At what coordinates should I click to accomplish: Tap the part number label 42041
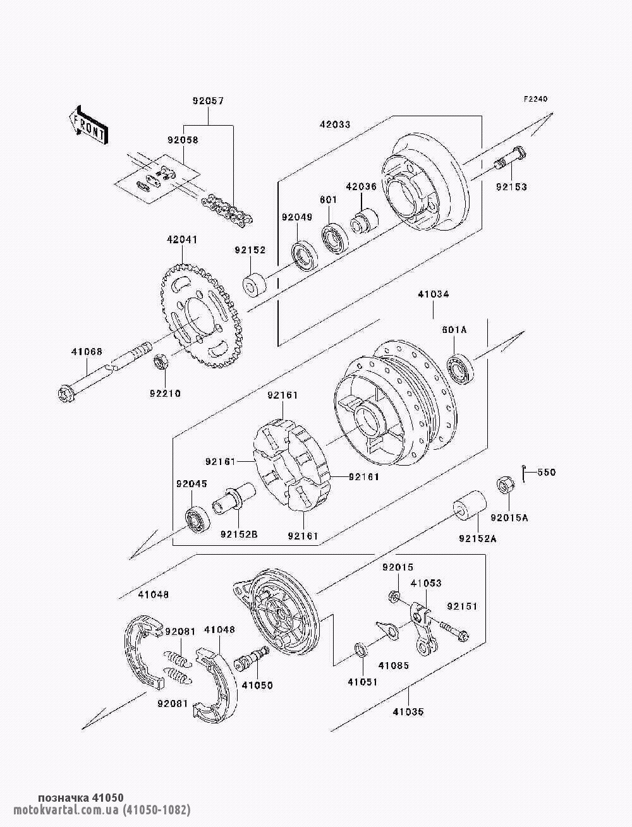[181, 241]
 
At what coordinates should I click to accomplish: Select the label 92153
[511, 187]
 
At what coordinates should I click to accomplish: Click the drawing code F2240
[535, 99]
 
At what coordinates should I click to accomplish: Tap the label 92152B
[239, 534]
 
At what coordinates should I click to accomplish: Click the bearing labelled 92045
[198, 518]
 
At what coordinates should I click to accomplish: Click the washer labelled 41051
[361, 650]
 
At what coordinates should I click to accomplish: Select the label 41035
[408, 711]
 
